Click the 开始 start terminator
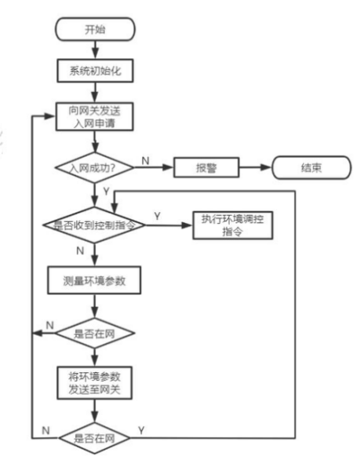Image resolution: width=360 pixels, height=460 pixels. coord(93,30)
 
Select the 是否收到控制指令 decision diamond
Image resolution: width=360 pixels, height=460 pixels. coord(93,225)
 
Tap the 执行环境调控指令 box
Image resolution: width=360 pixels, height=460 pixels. coord(234,226)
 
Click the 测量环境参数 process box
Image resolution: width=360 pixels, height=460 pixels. coord(93,280)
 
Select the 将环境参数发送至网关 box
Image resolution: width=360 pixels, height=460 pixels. coord(93,382)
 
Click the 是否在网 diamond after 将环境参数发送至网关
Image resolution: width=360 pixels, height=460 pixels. coord(93,437)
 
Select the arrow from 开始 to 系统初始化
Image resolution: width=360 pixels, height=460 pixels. coord(93,49)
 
